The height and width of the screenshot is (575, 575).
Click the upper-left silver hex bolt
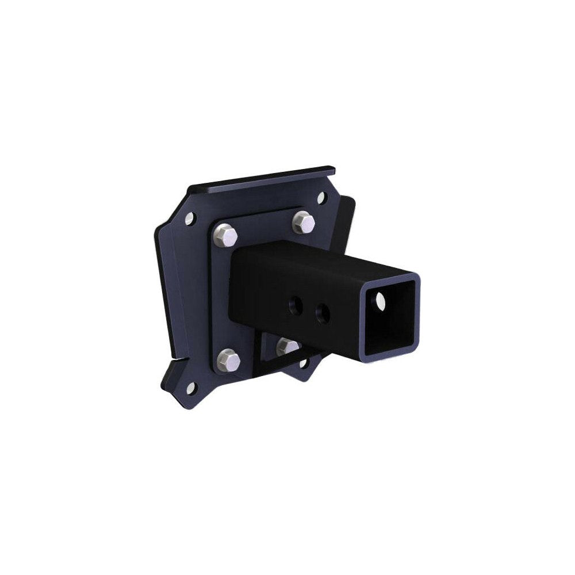225,233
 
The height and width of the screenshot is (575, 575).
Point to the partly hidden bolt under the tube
287,346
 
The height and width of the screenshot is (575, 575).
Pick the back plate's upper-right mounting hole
321,198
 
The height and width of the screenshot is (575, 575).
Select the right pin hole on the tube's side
324,312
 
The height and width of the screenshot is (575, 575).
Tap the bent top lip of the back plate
264,179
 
